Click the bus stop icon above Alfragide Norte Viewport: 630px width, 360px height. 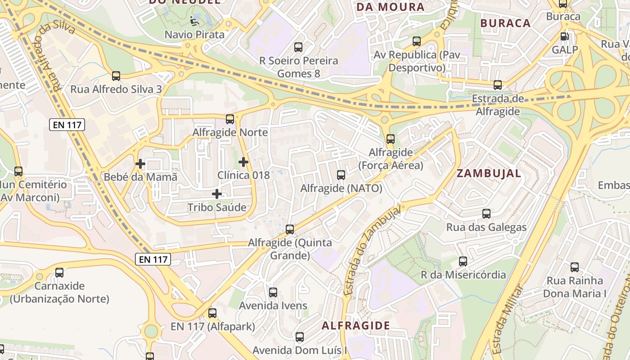tap(230, 119)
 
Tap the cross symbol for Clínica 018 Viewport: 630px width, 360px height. tap(243, 162)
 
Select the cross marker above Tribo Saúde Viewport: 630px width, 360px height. tap(217, 194)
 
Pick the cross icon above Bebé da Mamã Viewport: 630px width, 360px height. tap(140, 164)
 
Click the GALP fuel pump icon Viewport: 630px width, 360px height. tap(564, 36)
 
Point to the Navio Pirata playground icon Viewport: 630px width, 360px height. tap(194, 21)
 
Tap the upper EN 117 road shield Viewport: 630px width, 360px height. tap(67, 125)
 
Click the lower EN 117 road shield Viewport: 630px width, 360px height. tap(153, 259)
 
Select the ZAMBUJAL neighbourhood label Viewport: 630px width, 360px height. tap(489, 173)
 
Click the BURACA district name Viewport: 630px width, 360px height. tap(505, 23)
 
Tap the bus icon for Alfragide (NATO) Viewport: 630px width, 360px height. tap(341, 175)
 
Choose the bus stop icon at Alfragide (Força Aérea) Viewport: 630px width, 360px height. tap(391, 139)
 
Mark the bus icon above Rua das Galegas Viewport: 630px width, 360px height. tap(486, 214)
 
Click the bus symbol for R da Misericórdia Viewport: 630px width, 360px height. tap(463, 261)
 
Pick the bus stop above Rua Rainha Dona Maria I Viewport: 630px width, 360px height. tap(575, 267)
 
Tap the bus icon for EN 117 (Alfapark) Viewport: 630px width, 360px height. tap(212, 313)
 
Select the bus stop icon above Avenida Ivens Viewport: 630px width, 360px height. tap(273, 292)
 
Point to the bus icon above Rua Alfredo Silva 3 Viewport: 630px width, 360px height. tap(116, 76)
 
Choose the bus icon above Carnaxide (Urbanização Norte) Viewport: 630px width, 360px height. tap(59, 272)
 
